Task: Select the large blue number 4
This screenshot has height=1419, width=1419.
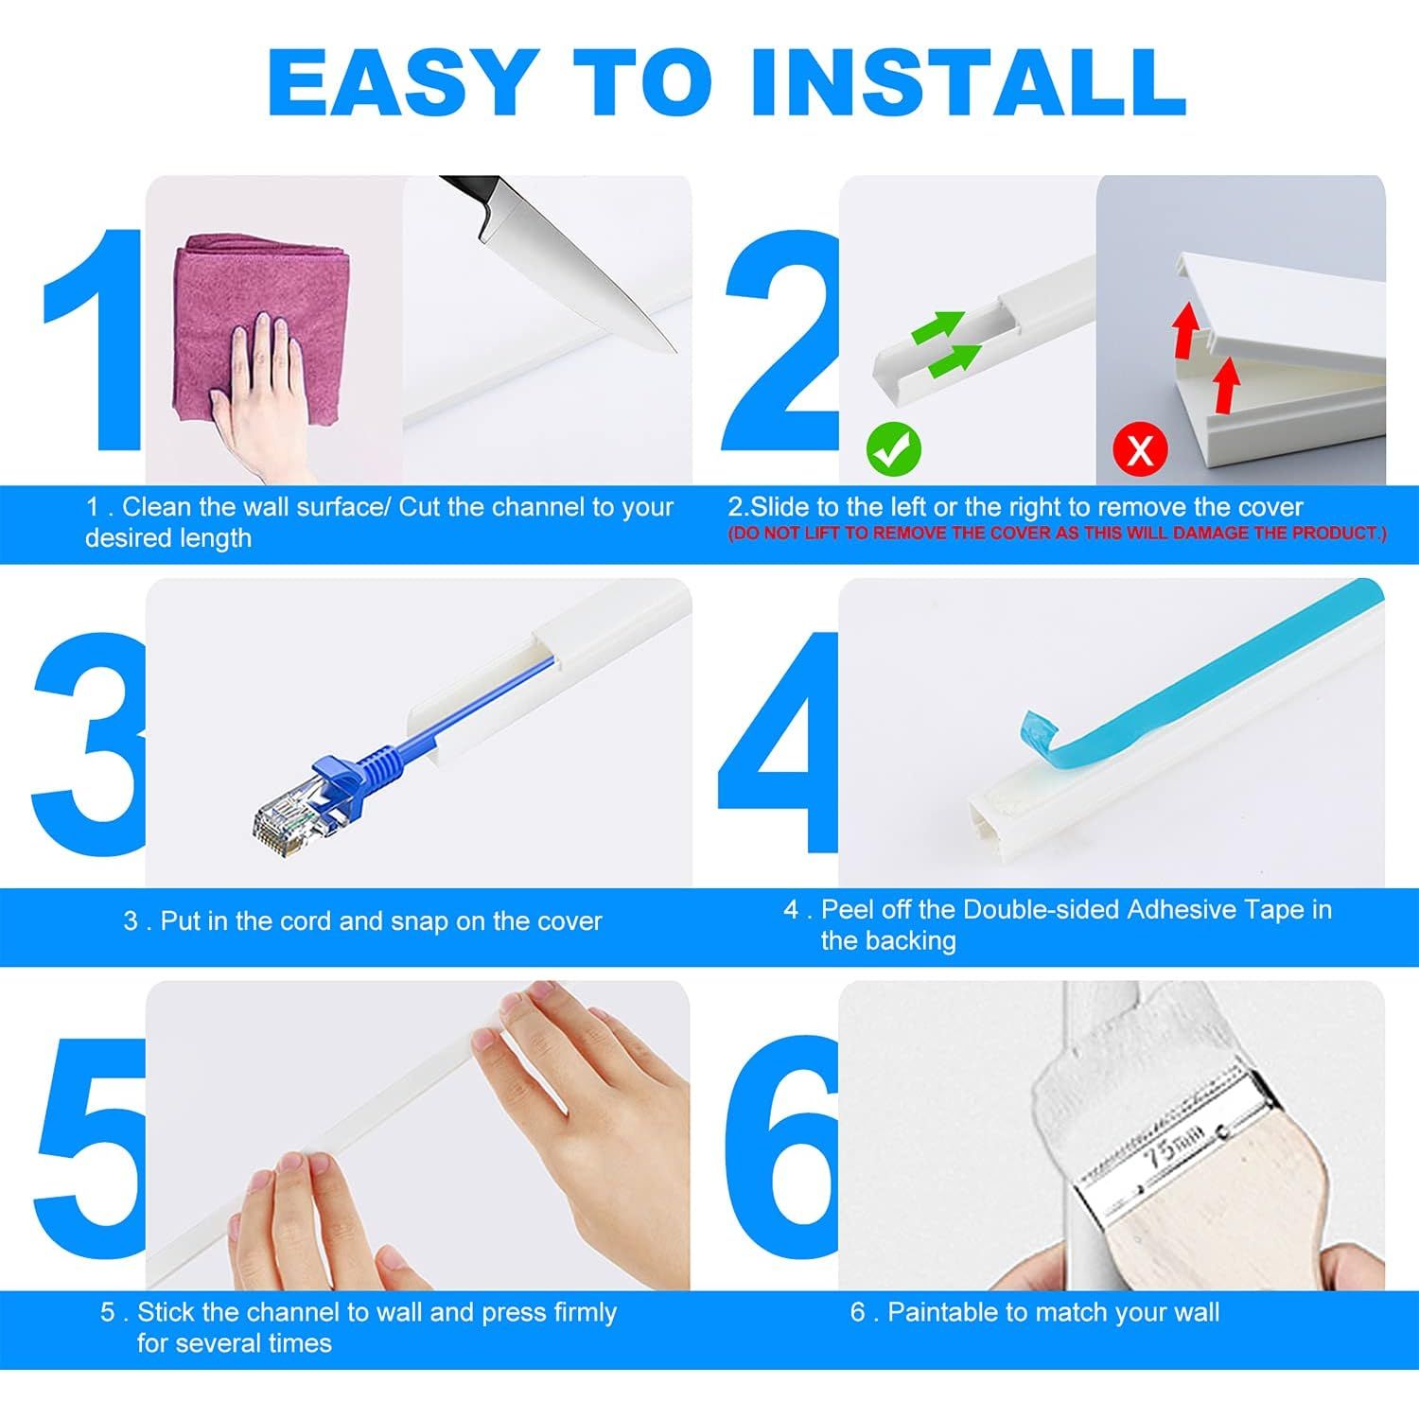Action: pyautogui.click(x=778, y=743)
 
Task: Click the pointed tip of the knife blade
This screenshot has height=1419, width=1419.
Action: pyautogui.click(x=675, y=351)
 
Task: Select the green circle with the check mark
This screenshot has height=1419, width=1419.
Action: pyautogui.click(x=894, y=449)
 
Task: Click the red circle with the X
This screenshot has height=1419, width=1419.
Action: pyautogui.click(x=1140, y=449)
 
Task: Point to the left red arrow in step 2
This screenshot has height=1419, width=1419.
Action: pyautogui.click(x=1183, y=332)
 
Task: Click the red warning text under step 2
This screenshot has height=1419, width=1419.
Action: pyautogui.click(x=1057, y=534)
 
